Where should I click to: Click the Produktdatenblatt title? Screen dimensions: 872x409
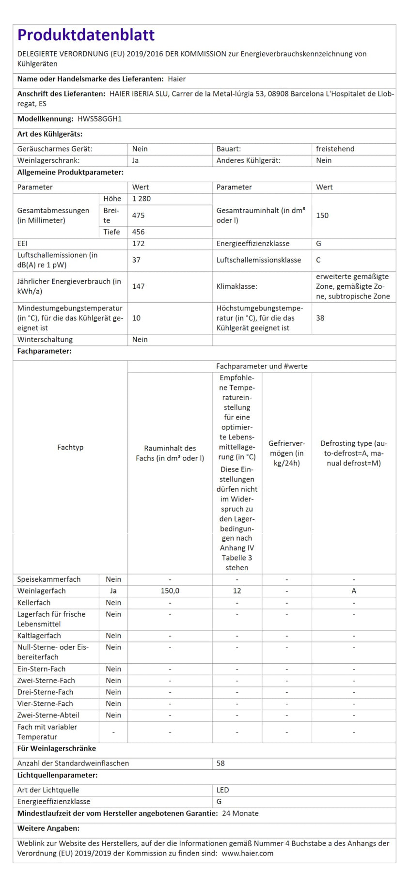[x=86, y=35]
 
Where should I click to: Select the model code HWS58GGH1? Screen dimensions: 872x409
[x=99, y=119]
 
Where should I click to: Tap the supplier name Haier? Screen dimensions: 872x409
[x=177, y=79]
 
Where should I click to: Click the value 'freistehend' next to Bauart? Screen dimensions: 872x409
[x=335, y=149]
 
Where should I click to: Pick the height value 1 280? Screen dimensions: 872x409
[x=141, y=199]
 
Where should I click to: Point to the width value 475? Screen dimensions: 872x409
[x=138, y=216]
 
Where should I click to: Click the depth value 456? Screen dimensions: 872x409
[x=138, y=232]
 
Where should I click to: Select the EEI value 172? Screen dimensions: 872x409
[x=138, y=244]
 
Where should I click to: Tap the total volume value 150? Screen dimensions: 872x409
[x=322, y=216]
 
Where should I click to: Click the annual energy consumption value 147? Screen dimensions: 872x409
[x=138, y=286]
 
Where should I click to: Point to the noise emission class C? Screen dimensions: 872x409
[x=318, y=260]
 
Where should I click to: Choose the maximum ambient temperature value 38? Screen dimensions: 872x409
[x=320, y=318]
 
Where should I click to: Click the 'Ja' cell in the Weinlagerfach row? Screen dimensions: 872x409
[x=113, y=591]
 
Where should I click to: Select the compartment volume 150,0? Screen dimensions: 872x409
[x=170, y=591]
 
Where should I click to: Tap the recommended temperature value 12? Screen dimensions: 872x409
[x=237, y=591]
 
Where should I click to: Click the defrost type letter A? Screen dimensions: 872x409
[x=354, y=591]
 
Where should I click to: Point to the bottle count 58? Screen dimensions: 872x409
[x=220, y=763]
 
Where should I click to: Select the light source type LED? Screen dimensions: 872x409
[x=223, y=790]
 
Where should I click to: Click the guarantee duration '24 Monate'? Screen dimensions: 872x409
[x=240, y=813]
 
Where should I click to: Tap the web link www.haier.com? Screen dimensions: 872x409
[x=248, y=853]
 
